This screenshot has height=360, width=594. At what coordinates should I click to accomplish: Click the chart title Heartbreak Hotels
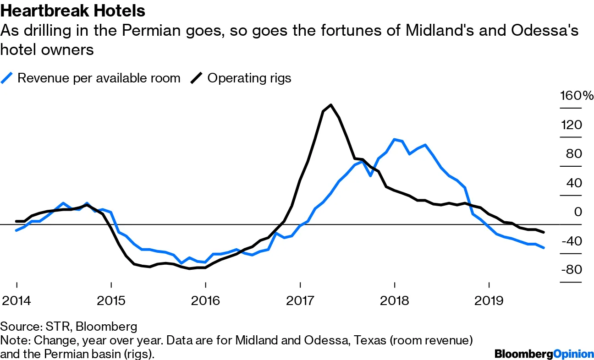point(73,11)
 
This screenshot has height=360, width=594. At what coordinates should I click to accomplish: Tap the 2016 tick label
point(205,301)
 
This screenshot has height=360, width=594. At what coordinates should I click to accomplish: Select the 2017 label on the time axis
point(300,301)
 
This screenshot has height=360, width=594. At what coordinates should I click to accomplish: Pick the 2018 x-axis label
point(394,301)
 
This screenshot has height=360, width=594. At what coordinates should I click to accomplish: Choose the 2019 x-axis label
point(489,301)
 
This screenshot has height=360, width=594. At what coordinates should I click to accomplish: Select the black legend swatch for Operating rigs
point(196,78)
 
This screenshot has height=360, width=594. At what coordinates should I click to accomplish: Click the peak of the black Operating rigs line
point(331,105)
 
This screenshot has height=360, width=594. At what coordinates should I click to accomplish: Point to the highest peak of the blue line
point(394,139)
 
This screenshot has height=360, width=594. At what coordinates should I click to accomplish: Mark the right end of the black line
point(544,233)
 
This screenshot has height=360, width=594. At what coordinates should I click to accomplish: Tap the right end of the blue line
point(544,248)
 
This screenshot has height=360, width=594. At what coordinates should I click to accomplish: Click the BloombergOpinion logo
point(543,354)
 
